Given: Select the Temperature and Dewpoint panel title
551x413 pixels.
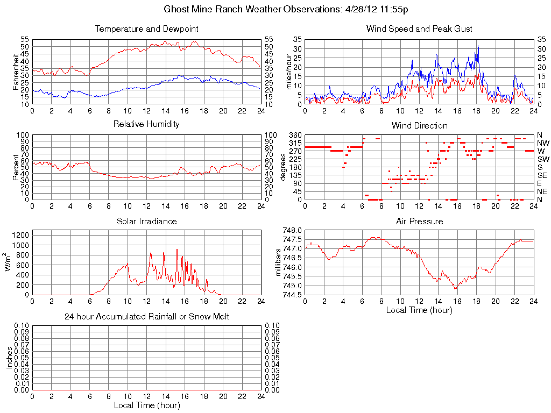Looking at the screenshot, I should click(146, 29).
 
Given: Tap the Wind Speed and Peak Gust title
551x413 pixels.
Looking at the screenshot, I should click(419, 29).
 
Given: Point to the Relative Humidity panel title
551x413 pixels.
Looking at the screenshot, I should click(146, 124).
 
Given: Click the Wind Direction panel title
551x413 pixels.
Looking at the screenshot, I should click(419, 125).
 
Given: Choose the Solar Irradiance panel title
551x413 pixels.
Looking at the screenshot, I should click(146, 221).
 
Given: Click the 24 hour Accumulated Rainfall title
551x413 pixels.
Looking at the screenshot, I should click(146, 317).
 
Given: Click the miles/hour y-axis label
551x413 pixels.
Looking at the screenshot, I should click(288, 72).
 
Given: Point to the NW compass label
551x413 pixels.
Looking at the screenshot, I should click(543, 143).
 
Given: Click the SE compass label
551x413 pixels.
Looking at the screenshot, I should click(542, 175).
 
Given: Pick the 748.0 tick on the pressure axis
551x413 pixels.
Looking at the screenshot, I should click(291, 230).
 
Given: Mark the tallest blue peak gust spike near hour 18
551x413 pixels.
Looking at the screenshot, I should click(477, 46).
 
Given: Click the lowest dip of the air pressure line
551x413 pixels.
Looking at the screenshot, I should click(456, 289).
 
